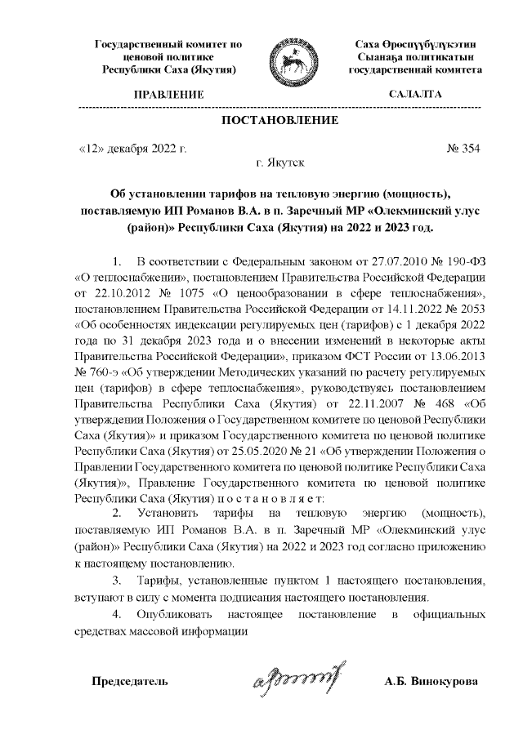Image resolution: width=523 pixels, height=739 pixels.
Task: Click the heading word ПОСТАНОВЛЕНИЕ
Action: pos(280,121)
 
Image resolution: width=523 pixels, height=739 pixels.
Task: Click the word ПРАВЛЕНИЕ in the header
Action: pos(168,96)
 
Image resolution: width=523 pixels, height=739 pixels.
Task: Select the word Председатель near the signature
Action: pos(130,681)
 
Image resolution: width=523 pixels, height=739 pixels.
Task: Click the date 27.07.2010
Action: pos(378,262)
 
